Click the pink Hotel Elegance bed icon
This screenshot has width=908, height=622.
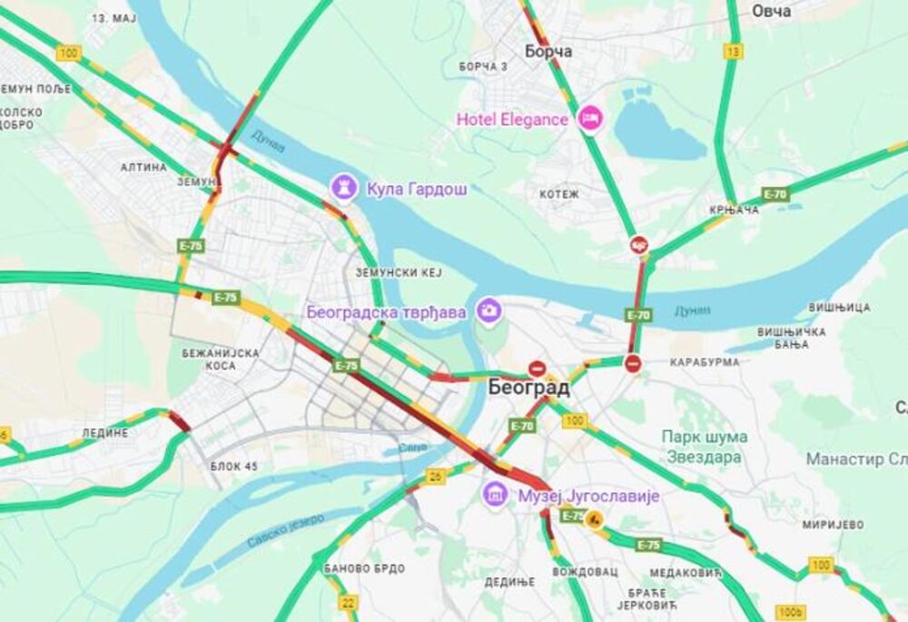(591, 118)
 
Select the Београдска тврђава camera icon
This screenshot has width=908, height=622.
(489, 311)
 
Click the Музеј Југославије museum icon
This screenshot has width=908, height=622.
(495, 496)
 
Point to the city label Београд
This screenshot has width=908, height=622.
(528, 389)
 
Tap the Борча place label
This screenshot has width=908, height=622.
(542, 52)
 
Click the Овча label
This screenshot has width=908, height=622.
(771, 11)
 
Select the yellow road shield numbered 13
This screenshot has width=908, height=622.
(733, 52)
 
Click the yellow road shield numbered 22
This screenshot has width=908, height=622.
(349, 601)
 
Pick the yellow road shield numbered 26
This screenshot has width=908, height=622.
(436, 475)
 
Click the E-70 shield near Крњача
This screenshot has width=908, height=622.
(775, 194)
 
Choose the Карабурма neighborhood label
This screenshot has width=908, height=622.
(705, 362)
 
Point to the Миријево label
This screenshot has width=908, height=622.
(833, 525)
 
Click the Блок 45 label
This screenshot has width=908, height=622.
(233, 466)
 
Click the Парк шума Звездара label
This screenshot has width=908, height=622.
(704, 447)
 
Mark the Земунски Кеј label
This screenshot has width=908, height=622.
(397, 272)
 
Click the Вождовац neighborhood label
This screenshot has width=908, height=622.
(586, 572)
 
